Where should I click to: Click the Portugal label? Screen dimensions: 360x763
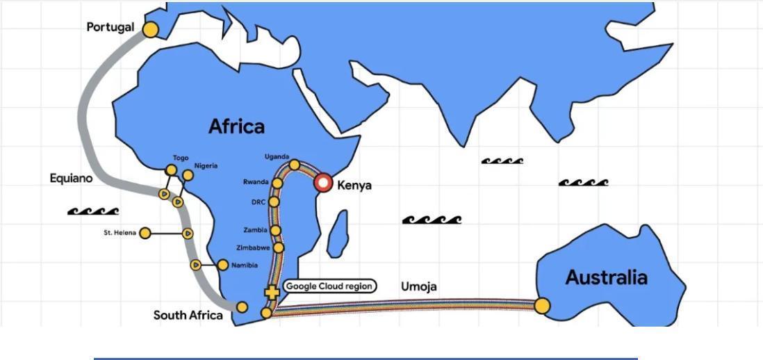pos(110,27)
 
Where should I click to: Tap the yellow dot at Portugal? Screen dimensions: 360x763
pos(150,29)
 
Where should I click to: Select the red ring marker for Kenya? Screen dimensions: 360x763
pos(323,183)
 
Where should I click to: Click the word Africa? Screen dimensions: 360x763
pos(236,126)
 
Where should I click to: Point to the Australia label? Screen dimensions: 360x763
pos(606,277)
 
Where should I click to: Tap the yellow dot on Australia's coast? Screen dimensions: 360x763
pos(543,306)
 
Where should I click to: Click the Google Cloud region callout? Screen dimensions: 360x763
pos(330,286)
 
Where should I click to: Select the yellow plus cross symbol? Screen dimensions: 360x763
pos(272,293)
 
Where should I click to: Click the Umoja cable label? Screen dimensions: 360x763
pos(419,287)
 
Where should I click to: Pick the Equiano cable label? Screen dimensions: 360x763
pos(71,179)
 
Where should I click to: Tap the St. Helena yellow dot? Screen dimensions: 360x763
pos(145,233)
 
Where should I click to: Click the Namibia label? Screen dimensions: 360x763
pos(245,265)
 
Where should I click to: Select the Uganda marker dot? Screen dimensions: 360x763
pos(295,165)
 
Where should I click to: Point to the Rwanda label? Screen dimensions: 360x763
pos(256,182)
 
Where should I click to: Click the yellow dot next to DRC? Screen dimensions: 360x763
pos(274,202)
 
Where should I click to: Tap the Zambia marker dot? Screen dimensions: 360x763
pos(276,230)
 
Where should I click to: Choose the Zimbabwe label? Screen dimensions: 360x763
pos(253,247)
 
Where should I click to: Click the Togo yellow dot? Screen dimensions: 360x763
pos(171,170)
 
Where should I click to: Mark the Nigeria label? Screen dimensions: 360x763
pos(206,165)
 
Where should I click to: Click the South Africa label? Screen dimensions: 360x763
pos(188,316)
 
